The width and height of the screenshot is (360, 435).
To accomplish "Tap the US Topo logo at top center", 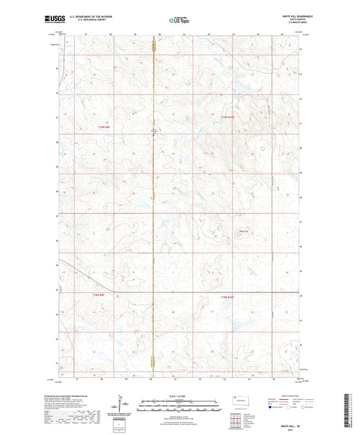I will (x=179, y=20).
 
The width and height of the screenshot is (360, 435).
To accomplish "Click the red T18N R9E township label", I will (x=101, y=294).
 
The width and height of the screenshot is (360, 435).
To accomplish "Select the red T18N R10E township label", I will (x=228, y=296).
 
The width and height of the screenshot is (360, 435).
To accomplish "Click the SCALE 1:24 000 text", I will (x=180, y=396).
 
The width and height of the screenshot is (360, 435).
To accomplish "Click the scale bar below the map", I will (x=180, y=407).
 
